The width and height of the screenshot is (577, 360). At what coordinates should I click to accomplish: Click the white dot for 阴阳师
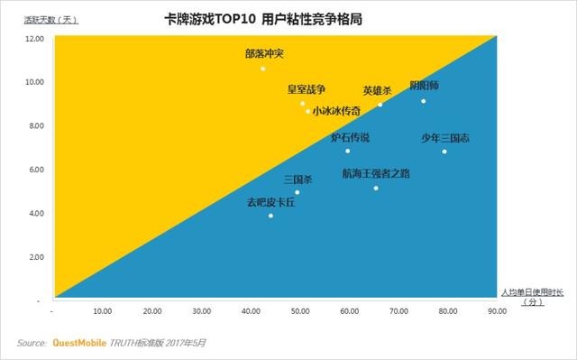[423, 101]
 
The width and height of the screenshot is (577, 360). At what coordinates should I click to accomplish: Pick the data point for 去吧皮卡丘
[270, 216]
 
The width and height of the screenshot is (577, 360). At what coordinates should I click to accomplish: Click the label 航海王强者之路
[376, 172]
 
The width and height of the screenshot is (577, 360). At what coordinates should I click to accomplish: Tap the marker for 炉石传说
[348, 151]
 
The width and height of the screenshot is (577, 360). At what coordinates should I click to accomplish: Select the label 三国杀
[298, 180]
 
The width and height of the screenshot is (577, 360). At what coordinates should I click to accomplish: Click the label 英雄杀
[378, 90]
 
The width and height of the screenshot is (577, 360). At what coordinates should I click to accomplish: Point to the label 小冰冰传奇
[336, 111]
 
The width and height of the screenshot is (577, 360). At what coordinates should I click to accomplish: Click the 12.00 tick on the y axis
[34, 39]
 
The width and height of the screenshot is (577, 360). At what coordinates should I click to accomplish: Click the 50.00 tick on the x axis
[299, 312]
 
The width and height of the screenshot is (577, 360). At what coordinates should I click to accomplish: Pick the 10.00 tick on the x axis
[103, 312]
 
